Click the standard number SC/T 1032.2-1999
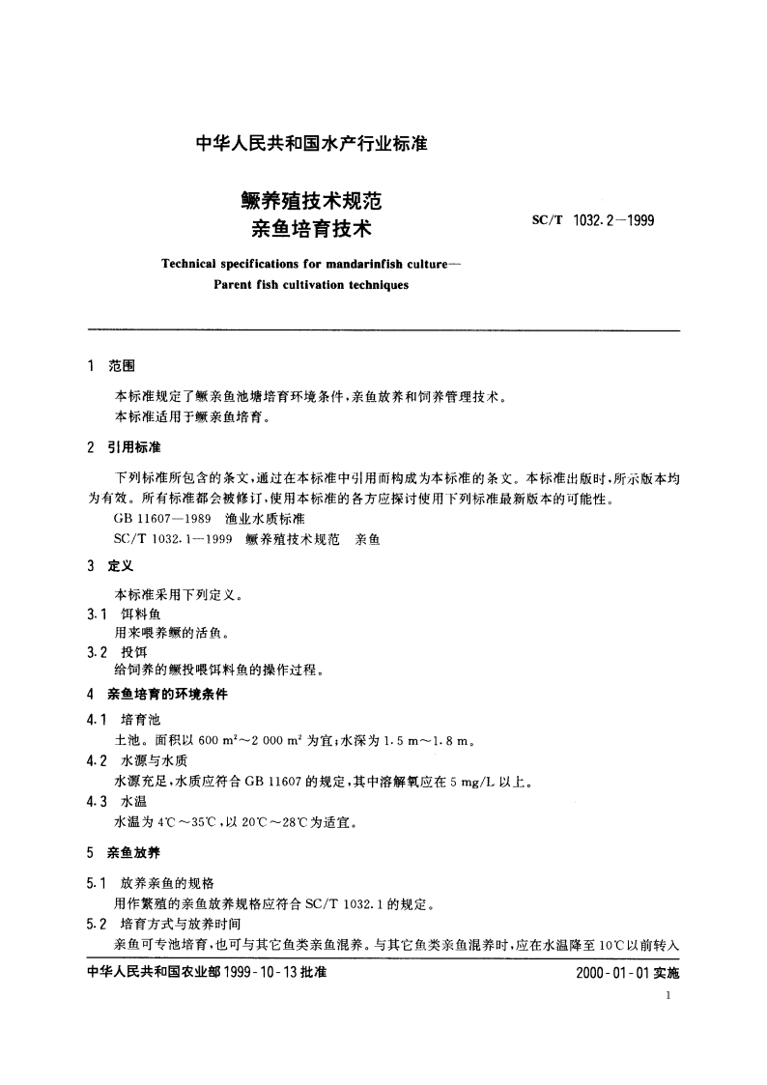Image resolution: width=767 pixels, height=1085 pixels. coord(594,220)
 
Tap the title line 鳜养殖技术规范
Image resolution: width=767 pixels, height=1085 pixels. coord(312,202)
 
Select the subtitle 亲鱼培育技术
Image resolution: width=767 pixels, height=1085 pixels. coord(312,230)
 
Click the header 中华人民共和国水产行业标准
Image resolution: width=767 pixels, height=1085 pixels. coord(312,144)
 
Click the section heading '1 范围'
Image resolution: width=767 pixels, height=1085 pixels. coord(112,367)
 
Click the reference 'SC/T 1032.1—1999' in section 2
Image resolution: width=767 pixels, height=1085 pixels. coord(172,539)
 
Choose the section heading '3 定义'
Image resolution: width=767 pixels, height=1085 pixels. coord(112,567)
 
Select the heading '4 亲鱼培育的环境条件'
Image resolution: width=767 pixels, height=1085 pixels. coord(157,694)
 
